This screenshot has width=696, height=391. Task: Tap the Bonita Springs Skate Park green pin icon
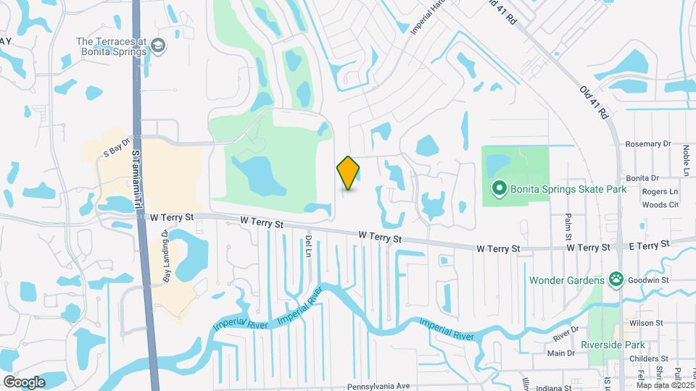[x=499, y=190]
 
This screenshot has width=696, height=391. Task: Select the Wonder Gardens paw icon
[x=616, y=279]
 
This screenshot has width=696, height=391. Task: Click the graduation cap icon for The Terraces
[x=158, y=47]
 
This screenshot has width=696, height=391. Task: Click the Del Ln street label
[x=308, y=245]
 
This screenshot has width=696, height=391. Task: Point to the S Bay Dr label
[x=116, y=151]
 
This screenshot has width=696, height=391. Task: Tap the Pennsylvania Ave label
[x=378, y=387]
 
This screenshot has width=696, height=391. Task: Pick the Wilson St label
[x=649, y=323]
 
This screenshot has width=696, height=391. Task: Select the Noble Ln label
[x=685, y=159]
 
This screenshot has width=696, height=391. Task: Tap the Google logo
[x=24, y=382]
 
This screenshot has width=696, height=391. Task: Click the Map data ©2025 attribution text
[x=665, y=384]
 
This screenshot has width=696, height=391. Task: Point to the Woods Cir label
[x=660, y=205]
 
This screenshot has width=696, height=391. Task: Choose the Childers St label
[x=647, y=358]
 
